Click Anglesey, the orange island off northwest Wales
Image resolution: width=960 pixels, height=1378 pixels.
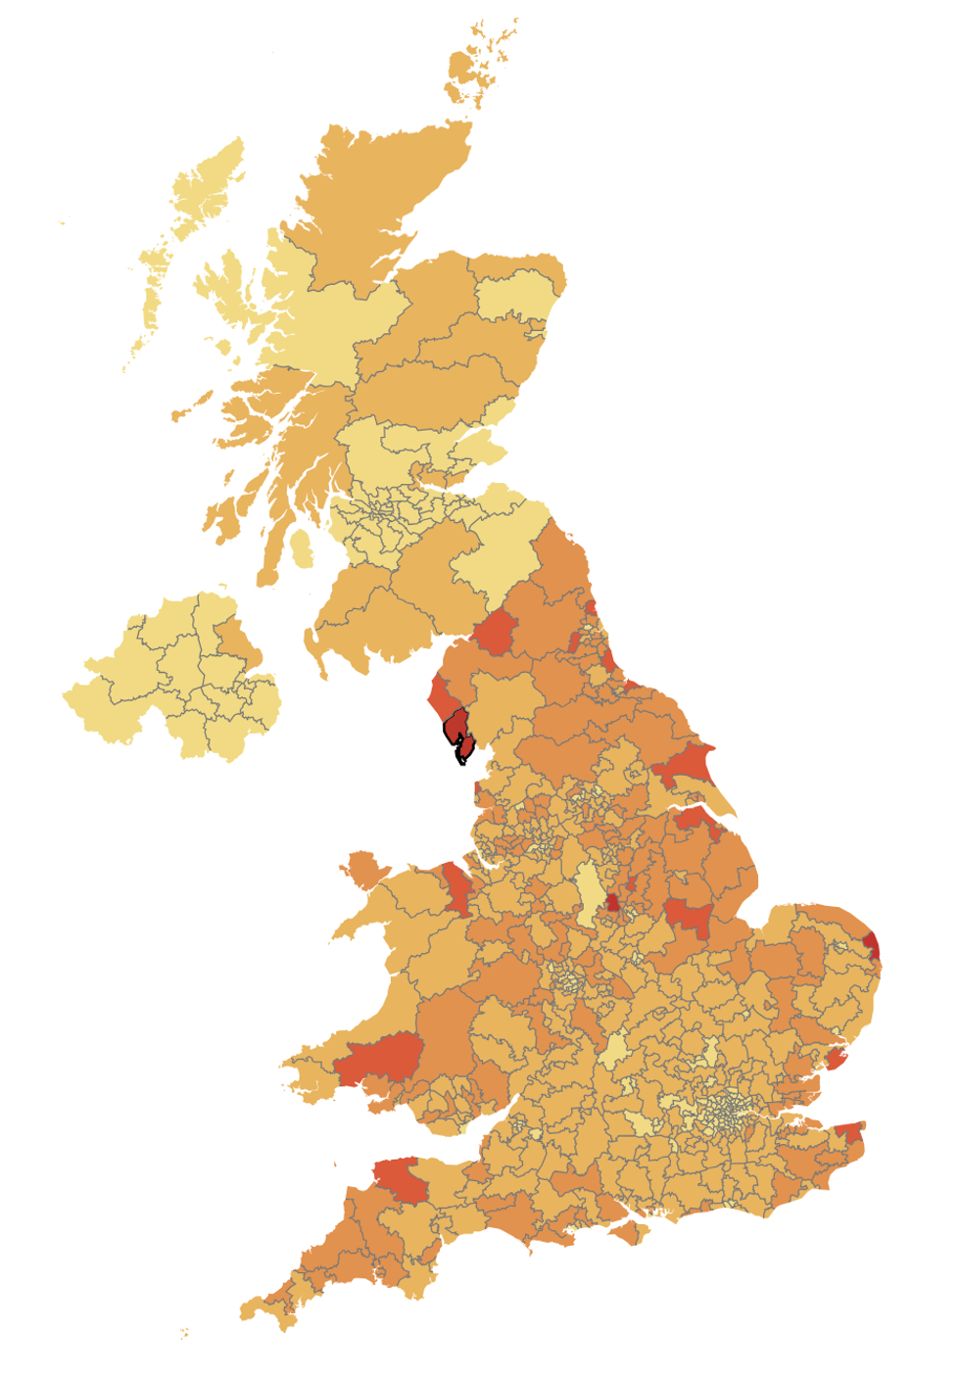click(363, 868)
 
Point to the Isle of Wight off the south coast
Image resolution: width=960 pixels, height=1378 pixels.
click(627, 1232)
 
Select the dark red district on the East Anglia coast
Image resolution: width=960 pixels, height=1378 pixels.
click(871, 945)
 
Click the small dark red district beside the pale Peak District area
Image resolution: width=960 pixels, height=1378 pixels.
click(613, 902)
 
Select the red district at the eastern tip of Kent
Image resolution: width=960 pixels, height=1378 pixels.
click(850, 1133)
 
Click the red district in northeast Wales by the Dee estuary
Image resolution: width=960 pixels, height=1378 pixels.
click(456, 886)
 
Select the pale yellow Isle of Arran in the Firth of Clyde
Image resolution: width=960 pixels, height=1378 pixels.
click(301, 548)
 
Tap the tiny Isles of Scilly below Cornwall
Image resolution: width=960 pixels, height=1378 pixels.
click(184, 1333)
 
